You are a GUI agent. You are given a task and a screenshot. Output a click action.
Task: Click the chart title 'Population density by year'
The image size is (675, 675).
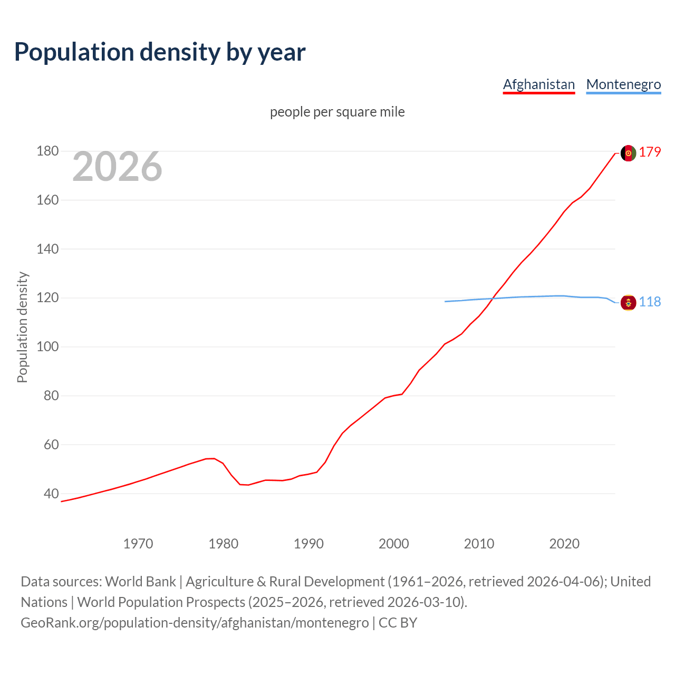pos(160,52)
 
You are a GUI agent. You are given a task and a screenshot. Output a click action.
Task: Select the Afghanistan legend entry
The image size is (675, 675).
pos(538,84)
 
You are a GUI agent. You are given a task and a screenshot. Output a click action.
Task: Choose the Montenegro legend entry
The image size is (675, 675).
pos(623,84)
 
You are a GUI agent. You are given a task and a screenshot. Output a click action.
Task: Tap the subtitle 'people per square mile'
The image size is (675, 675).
pos(337,112)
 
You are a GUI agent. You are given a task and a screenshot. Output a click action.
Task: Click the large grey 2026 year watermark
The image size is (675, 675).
pos(117,167)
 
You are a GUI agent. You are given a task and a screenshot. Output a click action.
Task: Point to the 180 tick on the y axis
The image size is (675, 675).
pos(47,151)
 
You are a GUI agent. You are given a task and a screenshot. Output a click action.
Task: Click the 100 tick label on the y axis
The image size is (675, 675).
pos(47,347)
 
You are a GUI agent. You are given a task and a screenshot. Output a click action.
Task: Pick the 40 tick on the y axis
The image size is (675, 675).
pos(51,494)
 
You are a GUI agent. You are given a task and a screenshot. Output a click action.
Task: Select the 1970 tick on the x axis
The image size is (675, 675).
pos(138,543)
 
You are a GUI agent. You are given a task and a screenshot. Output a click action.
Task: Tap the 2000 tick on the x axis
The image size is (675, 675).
pos(393,543)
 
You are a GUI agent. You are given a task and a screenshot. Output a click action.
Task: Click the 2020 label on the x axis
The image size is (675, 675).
pos(564,543)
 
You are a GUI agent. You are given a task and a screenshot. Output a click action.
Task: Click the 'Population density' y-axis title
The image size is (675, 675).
pos(22,327)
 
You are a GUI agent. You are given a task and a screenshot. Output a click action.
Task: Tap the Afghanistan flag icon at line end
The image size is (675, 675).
pos(628,153)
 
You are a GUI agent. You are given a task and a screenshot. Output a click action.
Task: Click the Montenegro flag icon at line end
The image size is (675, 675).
pos(628,303)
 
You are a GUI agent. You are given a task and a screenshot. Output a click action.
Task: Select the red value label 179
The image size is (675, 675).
pos(650,152)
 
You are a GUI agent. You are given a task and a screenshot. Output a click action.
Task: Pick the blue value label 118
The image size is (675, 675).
pos(650,302)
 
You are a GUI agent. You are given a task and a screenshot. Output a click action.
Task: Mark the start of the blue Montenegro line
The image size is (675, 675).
pos(446,302)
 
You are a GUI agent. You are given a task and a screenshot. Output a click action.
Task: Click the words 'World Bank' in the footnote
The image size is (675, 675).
pos(140,582)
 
